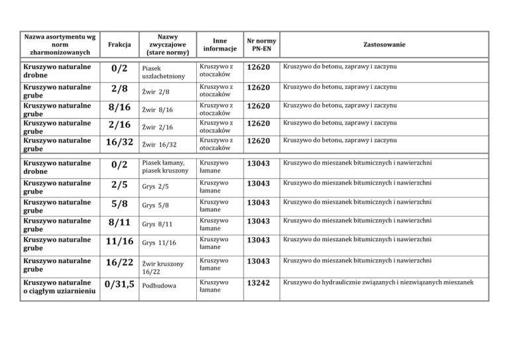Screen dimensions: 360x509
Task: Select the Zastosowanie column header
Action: (x=384, y=44)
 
